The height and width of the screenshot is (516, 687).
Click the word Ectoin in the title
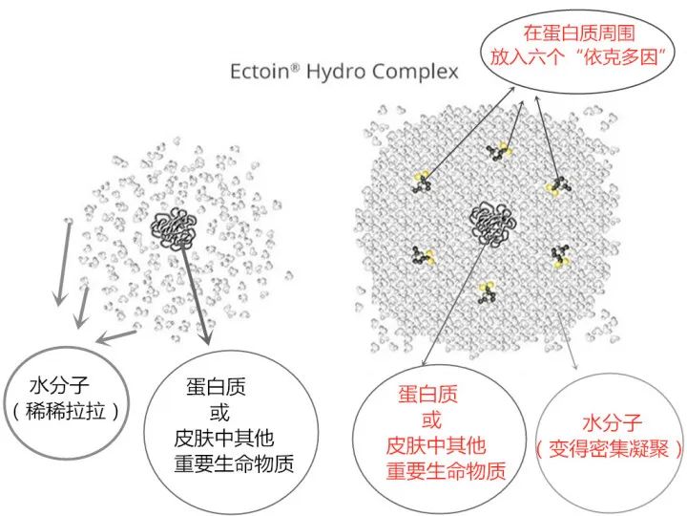[259, 72]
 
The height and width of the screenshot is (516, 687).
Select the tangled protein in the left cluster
[174, 227]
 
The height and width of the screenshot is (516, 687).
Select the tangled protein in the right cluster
[492, 223]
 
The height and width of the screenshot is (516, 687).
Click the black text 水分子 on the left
[59, 385]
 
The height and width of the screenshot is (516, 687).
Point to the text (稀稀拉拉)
[66, 412]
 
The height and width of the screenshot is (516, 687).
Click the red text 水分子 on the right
[612, 422]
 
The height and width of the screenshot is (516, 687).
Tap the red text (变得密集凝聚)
[609, 449]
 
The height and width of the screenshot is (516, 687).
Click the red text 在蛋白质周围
[579, 32]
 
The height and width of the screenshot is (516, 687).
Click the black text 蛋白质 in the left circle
[216, 387]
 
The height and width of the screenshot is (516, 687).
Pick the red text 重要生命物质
[446, 471]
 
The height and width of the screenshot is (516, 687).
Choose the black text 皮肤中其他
[224, 438]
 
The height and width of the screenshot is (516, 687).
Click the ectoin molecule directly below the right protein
[487, 292]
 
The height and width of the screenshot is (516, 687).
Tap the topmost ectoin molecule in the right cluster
[499, 151]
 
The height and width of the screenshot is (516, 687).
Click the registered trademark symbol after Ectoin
[295, 67]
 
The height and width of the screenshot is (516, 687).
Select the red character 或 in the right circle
[431, 419]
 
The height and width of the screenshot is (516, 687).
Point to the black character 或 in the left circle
[219, 413]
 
